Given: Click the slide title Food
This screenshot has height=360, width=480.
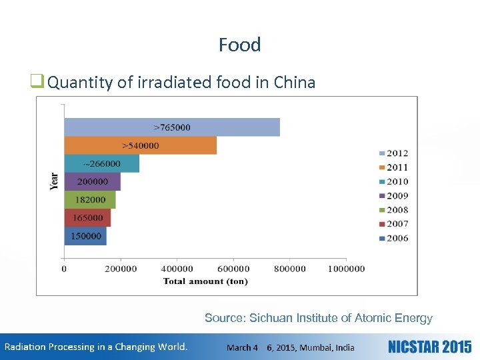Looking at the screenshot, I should tap(240, 45).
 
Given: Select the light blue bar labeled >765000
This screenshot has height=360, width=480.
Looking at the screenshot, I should tap(172, 127).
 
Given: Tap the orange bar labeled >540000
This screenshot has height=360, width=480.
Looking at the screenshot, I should tap(140, 145).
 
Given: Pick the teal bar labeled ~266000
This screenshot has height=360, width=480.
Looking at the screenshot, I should tap(102, 163).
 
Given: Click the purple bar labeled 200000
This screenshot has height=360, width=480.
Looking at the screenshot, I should tap(93, 181).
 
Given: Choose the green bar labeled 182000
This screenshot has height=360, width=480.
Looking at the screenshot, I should tap(90, 199).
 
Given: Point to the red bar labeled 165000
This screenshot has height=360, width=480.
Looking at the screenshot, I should tap(87, 217).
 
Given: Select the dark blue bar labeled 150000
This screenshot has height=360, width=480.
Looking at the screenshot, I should tap(85, 236).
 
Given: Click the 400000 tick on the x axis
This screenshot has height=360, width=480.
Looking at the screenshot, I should tap(177, 269).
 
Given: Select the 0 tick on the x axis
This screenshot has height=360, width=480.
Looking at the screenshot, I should tap(64, 269).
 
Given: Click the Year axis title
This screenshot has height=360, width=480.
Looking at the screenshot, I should tap(54, 181).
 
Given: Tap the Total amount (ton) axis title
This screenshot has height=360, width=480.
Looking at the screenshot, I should tap(205, 281).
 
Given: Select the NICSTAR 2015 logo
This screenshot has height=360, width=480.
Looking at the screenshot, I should tap(429, 347).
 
